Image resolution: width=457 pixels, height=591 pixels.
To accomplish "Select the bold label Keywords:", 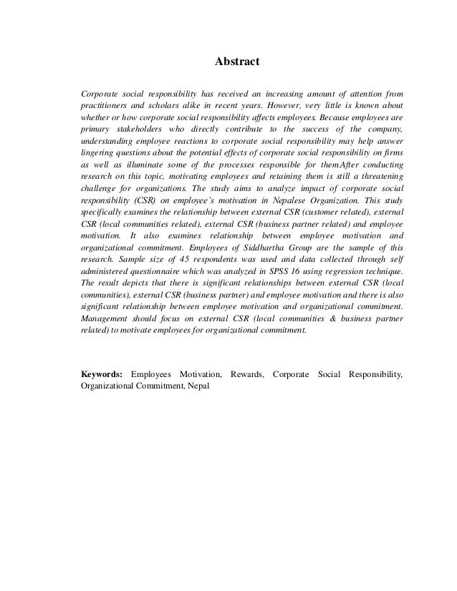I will (x=102, y=373).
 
